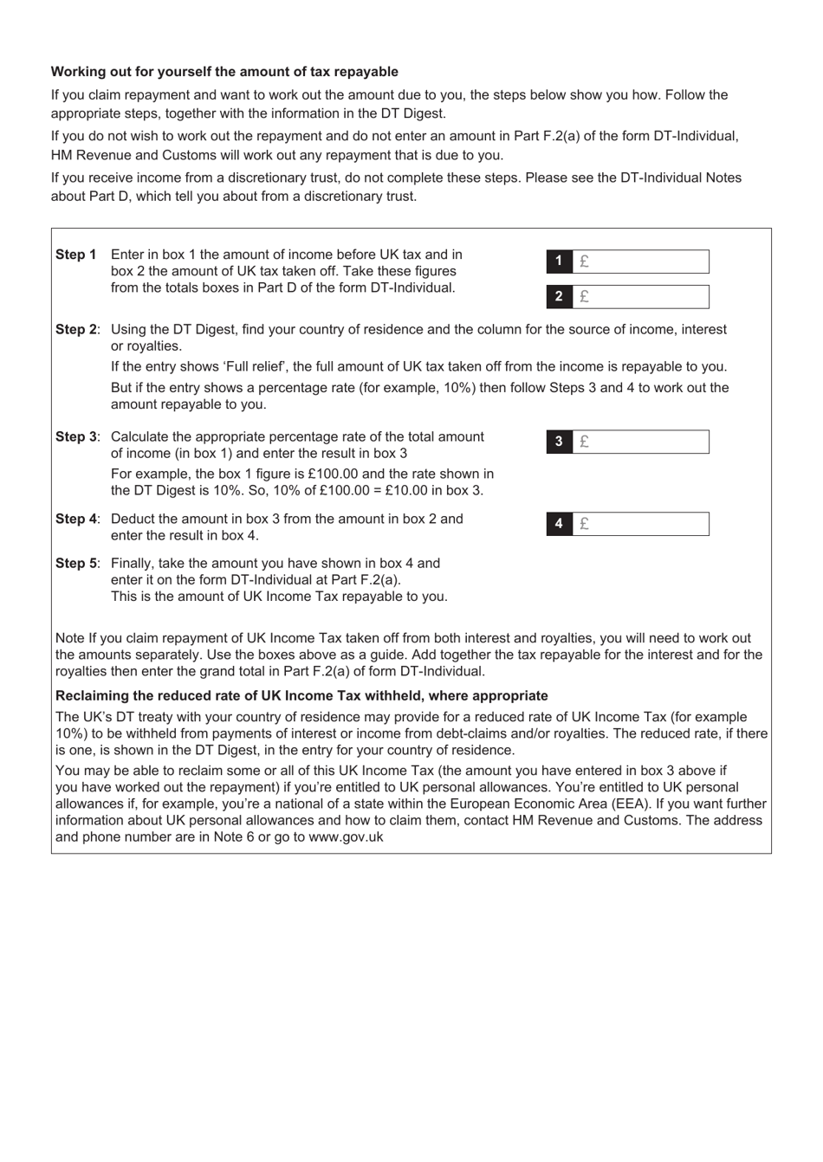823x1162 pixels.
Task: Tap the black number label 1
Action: tap(559, 261)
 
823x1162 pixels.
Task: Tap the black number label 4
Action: tap(559, 524)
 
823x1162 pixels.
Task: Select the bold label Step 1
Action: tap(75, 255)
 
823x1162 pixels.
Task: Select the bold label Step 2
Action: tap(76, 329)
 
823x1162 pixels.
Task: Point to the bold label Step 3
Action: tap(76, 436)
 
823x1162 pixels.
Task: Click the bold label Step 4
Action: tap(76, 519)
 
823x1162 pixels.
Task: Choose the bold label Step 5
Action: tap(76, 563)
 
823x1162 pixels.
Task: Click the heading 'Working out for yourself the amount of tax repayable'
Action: tap(224, 72)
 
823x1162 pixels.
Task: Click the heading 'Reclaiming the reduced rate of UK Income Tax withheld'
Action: tap(301, 695)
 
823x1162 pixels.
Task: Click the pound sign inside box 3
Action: tap(585, 442)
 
